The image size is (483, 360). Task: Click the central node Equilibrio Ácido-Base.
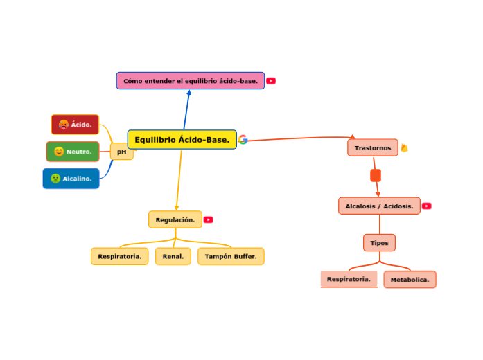click(x=182, y=140)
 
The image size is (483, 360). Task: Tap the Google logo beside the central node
click(x=243, y=140)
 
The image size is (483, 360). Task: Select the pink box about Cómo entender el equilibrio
click(x=190, y=81)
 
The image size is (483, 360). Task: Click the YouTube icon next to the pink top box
click(x=271, y=81)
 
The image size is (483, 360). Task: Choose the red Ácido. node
click(x=75, y=125)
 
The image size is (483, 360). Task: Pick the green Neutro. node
click(x=73, y=152)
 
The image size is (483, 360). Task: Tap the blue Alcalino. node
click(x=71, y=179)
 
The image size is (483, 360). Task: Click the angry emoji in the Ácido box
click(x=63, y=125)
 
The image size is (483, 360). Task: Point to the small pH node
click(x=122, y=152)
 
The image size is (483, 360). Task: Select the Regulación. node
click(x=175, y=220)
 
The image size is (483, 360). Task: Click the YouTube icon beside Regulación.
click(x=209, y=220)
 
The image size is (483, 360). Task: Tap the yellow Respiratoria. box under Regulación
click(x=119, y=257)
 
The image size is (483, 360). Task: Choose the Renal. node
click(x=173, y=257)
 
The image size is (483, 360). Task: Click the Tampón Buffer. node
click(x=231, y=257)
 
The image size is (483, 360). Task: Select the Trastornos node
click(x=372, y=148)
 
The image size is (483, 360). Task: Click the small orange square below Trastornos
click(x=376, y=176)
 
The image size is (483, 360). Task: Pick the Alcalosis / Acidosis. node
click(x=379, y=206)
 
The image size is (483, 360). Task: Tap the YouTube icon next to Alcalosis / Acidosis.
click(x=427, y=206)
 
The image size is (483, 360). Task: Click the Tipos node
click(x=379, y=243)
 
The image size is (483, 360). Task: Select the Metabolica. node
click(x=410, y=280)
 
